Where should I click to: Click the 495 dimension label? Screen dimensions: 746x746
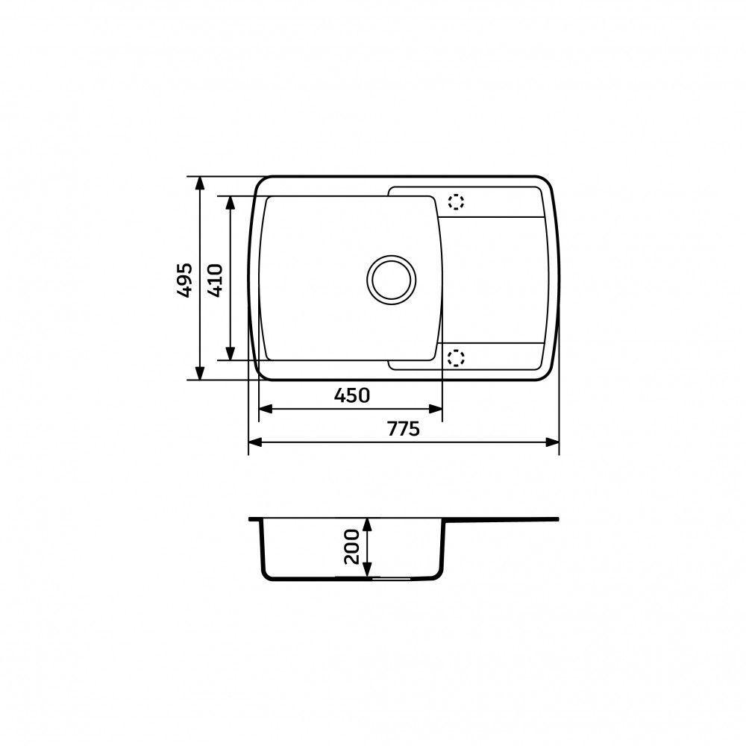(184, 280)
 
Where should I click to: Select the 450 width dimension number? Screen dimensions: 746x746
(351, 395)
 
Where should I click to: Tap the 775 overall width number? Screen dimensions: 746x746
(404, 429)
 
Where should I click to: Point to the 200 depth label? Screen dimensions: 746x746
(352, 547)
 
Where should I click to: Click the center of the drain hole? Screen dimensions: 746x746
(391, 280)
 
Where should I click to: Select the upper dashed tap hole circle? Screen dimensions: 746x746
(455, 202)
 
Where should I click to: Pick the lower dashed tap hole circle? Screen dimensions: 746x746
(455, 358)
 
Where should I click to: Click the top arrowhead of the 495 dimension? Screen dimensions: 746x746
(200, 184)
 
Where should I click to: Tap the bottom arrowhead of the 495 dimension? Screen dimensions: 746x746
(200, 373)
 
